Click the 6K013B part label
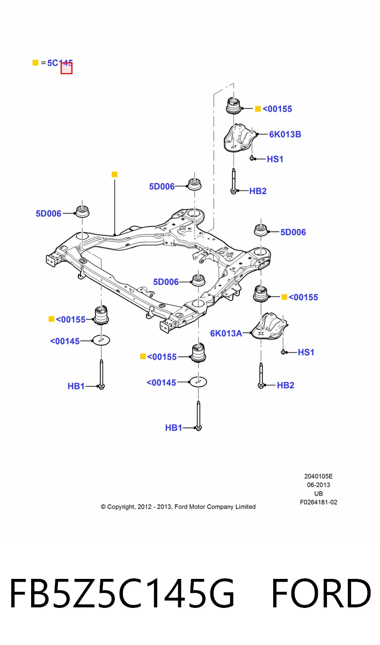pyautogui.click(x=285, y=134)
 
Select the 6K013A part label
pyautogui.click(x=226, y=333)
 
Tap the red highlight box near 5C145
pyautogui.click(x=67, y=68)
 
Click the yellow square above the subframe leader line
pyautogui.click(x=114, y=175)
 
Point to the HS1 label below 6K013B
pyautogui.click(x=275, y=159)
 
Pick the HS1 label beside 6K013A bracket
pyautogui.click(x=306, y=352)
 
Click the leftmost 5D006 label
pyautogui.click(x=49, y=214)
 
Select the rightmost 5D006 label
pyautogui.click(x=293, y=232)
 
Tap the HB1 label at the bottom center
pyautogui.click(x=173, y=428)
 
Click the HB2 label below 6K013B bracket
pyautogui.click(x=258, y=191)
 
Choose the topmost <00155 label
pyautogui.click(x=277, y=109)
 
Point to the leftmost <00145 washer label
pyautogui.click(x=65, y=341)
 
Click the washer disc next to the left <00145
pyautogui.click(x=101, y=340)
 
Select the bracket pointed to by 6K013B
pyautogui.click(x=239, y=138)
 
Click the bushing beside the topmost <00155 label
pyautogui.click(x=233, y=106)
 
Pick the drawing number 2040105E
pyautogui.click(x=318, y=477)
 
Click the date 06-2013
pyautogui.click(x=318, y=485)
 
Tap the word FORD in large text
pyautogui.click(x=321, y=594)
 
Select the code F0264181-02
pyautogui.click(x=318, y=503)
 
